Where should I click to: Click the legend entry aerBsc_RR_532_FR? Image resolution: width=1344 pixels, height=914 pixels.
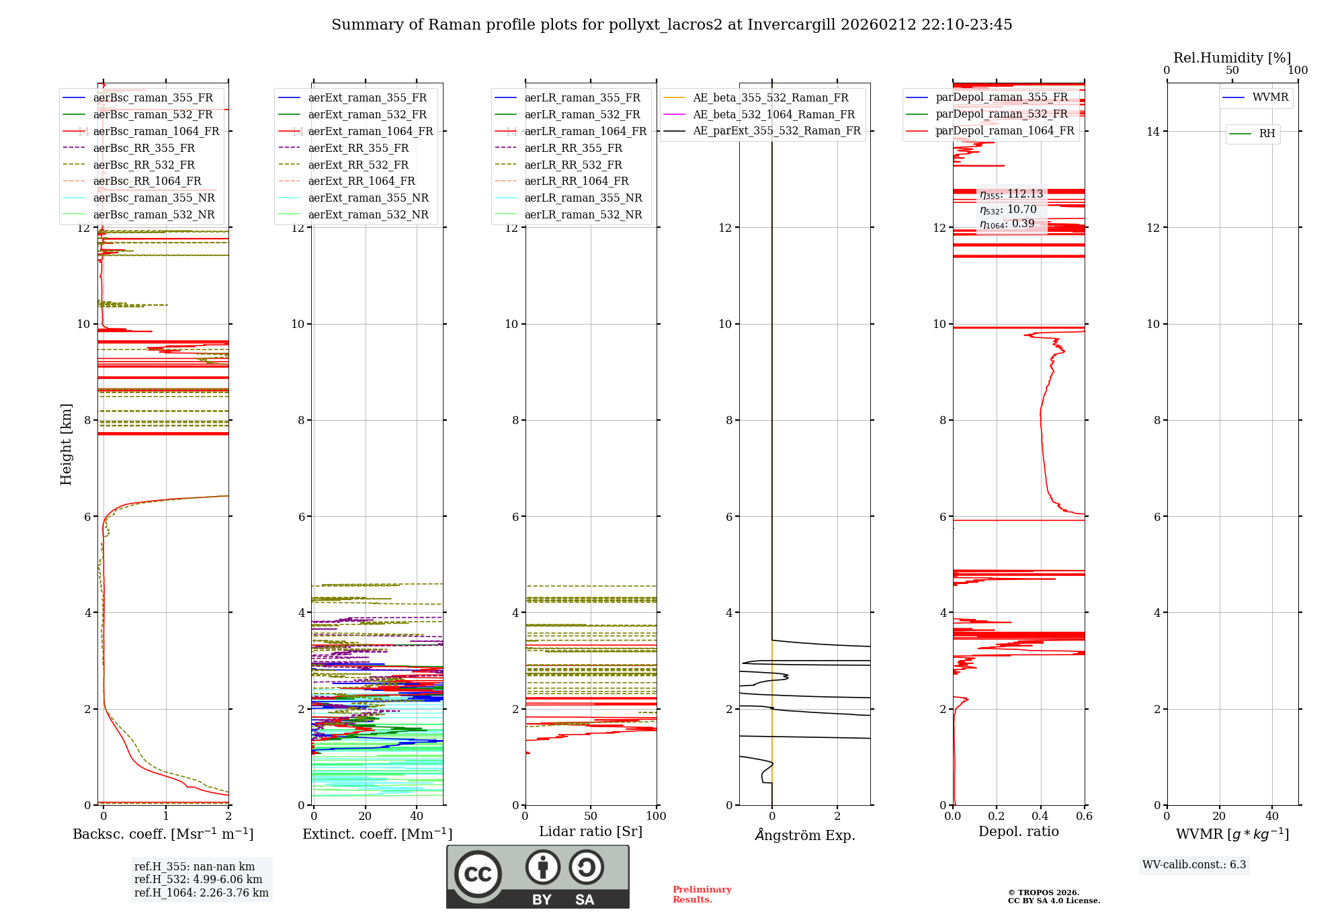click(x=144, y=165)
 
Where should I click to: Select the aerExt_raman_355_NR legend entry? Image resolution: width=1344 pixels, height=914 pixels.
click(x=368, y=198)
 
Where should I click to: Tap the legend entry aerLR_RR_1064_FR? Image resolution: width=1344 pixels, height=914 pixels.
click(x=576, y=181)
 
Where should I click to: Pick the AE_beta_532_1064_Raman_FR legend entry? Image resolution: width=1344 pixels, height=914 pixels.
click(x=773, y=114)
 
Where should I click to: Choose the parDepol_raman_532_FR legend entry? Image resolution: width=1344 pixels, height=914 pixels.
click(x=1001, y=114)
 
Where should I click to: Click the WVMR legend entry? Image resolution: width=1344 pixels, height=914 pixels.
click(x=1270, y=97)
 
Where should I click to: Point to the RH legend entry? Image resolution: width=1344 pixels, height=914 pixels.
click(x=1267, y=134)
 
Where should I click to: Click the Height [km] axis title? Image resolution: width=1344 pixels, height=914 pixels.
click(x=66, y=444)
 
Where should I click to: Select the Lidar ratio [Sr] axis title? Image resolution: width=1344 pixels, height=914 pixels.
click(x=591, y=831)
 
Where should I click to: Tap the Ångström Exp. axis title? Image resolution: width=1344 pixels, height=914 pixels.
click(x=804, y=835)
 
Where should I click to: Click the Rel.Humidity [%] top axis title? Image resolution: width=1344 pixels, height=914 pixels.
click(x=1232, y=58)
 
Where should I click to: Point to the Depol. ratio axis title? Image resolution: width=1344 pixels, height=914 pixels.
click(x=1018, y=831)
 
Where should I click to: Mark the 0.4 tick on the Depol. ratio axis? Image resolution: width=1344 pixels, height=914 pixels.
click(x=1040, y=816)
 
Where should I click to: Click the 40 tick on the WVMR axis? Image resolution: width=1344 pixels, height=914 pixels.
click(x=1271, y=816)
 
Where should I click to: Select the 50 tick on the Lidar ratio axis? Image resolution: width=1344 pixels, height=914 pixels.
click(x=591, y=816)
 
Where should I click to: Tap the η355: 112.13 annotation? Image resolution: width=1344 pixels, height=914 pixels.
click(x=1011, y=194)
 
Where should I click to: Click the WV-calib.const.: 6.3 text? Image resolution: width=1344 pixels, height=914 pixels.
click(x=1194, y=864)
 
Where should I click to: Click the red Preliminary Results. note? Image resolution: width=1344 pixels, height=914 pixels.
click(x=702, y=894)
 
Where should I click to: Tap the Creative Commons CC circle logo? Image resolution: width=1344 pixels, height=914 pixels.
click(x=478, y=874)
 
